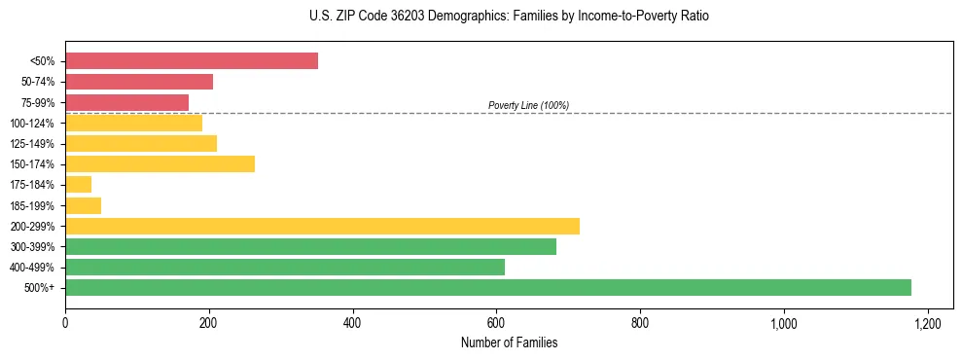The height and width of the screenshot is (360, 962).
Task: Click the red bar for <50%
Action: click(192, 61)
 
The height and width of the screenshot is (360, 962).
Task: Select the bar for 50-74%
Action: click(139, 82)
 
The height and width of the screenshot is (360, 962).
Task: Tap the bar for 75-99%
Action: click(126, 102)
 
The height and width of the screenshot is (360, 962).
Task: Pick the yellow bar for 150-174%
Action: click(160, 163)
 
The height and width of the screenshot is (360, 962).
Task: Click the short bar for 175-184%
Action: click(78, 184)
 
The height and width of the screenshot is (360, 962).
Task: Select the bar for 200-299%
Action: click(322, 226)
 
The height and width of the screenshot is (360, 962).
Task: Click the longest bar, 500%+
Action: click(488, 287)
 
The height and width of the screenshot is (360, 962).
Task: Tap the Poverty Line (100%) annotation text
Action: click(528, 105)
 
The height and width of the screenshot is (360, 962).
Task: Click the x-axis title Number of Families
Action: click(509, 342)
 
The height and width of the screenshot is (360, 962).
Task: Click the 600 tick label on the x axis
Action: click(496, 323)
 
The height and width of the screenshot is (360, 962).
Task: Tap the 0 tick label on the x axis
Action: click(65, 323)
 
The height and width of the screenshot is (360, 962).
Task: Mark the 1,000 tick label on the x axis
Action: click(783, 323)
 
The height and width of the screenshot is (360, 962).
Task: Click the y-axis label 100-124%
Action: click(32, 124)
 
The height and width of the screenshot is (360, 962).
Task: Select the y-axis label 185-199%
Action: click(32, 205)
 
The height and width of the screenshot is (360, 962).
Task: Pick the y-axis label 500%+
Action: click(40, 288)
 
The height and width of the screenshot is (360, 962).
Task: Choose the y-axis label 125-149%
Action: click(32, 144)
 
